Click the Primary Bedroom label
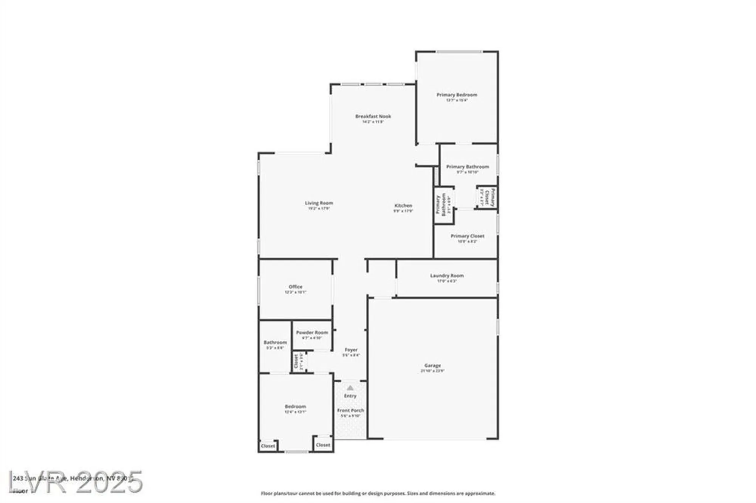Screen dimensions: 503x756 coord(457,95)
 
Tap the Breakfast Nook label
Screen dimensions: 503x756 coord(373,116)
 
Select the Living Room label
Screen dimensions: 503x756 coord(319,203)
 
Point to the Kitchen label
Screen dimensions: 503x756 coord(403,206)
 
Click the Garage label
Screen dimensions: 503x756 coord(432,366)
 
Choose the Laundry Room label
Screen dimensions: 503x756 coord(447,276)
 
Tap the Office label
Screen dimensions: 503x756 coord(295,287)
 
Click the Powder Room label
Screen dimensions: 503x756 coord(312,333)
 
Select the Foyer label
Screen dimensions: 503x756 coord(351,350)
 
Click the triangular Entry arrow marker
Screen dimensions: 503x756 coord(350,388)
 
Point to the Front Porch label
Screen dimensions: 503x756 coord(350,410)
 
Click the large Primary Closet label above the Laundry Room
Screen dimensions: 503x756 coord(467,236)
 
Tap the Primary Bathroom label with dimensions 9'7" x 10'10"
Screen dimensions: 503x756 coord(468,167)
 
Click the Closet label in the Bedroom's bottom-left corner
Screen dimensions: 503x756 coord(268,446)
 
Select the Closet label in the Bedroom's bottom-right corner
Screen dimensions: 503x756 coord(323,445)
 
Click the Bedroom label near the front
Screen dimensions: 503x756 coord(295,407)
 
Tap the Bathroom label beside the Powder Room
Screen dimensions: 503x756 coord(275,342)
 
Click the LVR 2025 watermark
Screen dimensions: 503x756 coord(76,483)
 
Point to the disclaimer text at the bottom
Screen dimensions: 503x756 coord(378,494)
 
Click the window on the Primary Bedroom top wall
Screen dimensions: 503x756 coord(459,51)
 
